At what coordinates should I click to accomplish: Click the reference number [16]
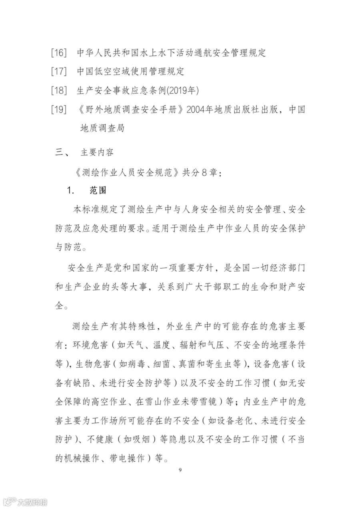(59, 53)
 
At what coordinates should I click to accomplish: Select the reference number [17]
(59, 72)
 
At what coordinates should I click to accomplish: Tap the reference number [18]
(59, 90)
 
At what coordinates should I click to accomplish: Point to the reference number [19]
(59, 109)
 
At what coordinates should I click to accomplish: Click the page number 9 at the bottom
(180, 469)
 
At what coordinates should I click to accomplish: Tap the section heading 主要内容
(97, 152)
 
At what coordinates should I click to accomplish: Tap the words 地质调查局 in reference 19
(102, 128)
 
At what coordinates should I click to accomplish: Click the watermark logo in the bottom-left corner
(24, 501)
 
